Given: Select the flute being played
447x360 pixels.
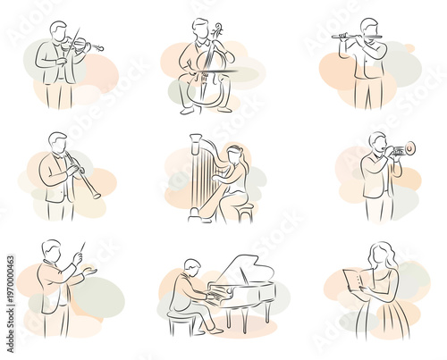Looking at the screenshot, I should pos(357,37).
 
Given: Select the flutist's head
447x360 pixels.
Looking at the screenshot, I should pos(368,26).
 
